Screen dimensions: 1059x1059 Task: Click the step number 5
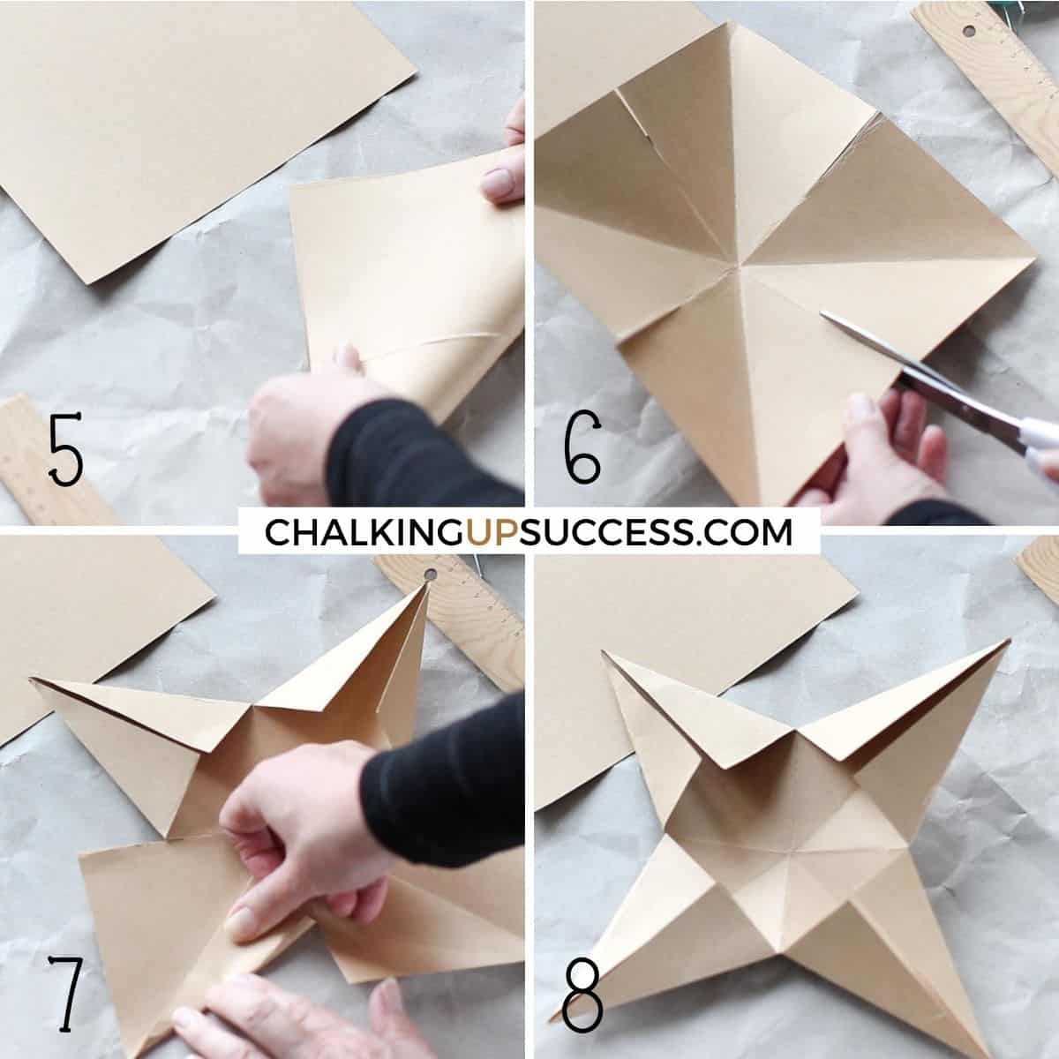coord(66,449)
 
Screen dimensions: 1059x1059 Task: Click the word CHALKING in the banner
coord(364,532)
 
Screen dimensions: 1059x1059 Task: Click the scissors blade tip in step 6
coord(822,314)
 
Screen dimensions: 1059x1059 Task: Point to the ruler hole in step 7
coord(430,575)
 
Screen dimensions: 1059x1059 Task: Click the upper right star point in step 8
coord(1010,640)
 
